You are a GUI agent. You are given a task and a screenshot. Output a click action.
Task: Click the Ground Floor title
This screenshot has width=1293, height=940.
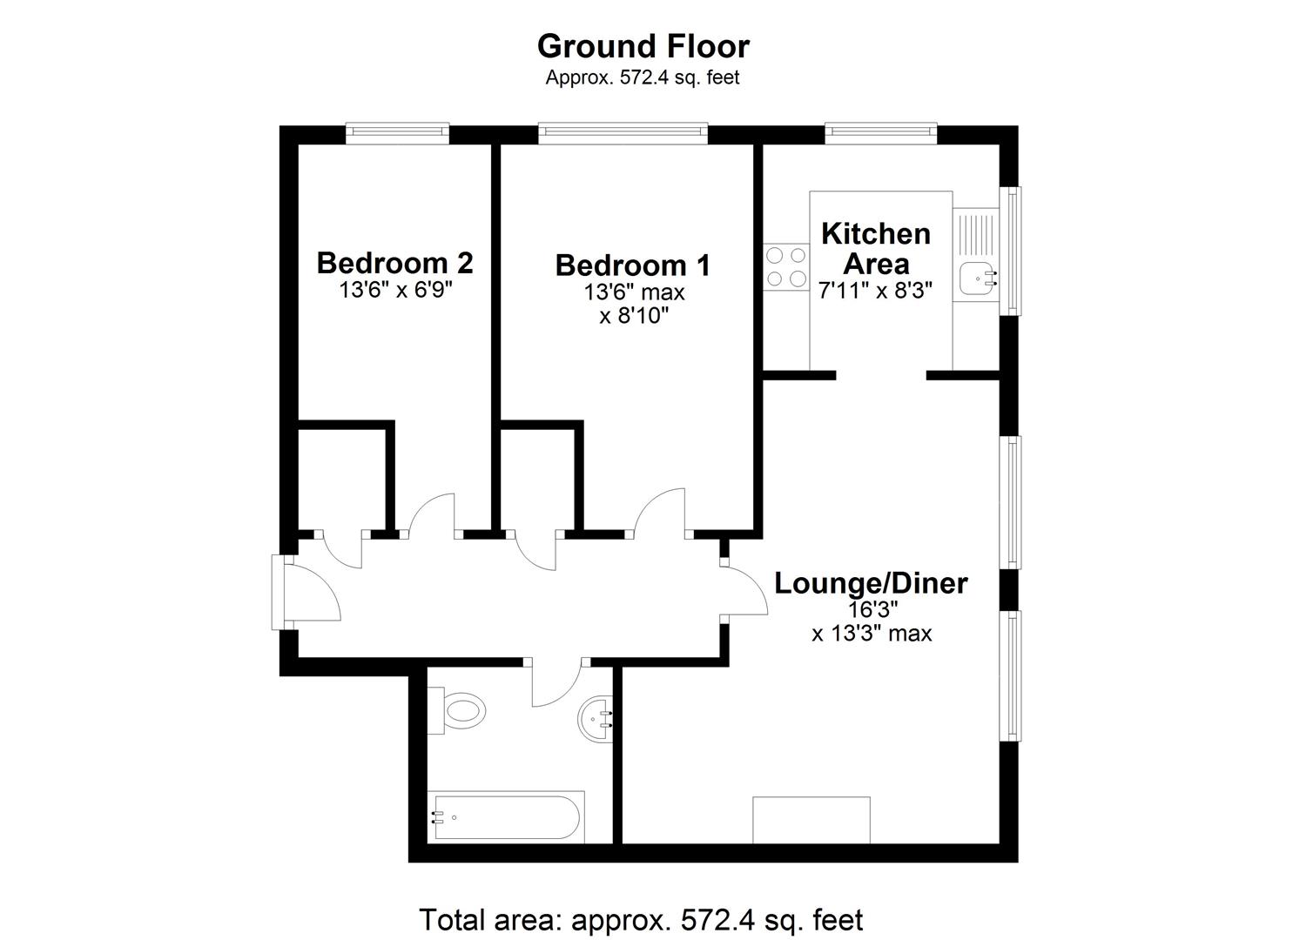[x=643, y=45]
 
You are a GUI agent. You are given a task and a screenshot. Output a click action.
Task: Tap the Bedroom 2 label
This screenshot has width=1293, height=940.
[x=394, y=262]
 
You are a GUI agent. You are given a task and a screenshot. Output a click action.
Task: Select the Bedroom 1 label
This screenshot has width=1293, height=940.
[x=632, y=265]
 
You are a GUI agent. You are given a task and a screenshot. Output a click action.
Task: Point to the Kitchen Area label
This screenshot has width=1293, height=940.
[x=876, y=248]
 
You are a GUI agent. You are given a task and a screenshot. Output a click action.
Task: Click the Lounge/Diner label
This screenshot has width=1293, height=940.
[x=871, y=583]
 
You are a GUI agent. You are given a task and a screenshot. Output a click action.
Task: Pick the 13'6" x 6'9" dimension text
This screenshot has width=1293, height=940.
[x=395, y=289]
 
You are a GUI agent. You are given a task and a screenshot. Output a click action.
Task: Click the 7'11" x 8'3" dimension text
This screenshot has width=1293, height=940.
[x=875, y=291]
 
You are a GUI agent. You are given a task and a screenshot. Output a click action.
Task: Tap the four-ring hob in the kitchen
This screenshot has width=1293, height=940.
[x=786, y=267]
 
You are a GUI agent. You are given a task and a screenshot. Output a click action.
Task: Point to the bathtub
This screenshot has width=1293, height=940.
[x=505, y=816]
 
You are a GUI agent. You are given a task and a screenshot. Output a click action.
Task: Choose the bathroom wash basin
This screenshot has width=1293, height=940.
[x=597, y=719]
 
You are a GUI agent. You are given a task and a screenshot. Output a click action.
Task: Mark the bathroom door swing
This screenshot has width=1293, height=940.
[x=557, y=683]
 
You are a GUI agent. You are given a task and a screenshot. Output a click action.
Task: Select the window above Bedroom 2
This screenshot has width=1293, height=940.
[x=397, y=132]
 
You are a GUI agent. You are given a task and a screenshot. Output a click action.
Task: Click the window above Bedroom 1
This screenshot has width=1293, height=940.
[x=622, y=131]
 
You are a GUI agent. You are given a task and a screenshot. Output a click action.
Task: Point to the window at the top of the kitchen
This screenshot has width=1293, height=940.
[x=880, y=132]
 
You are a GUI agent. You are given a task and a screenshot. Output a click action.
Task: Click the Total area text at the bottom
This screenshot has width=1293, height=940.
[x=641, y=919]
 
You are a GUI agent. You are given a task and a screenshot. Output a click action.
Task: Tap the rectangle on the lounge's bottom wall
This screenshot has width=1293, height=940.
[x=811, y=820]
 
